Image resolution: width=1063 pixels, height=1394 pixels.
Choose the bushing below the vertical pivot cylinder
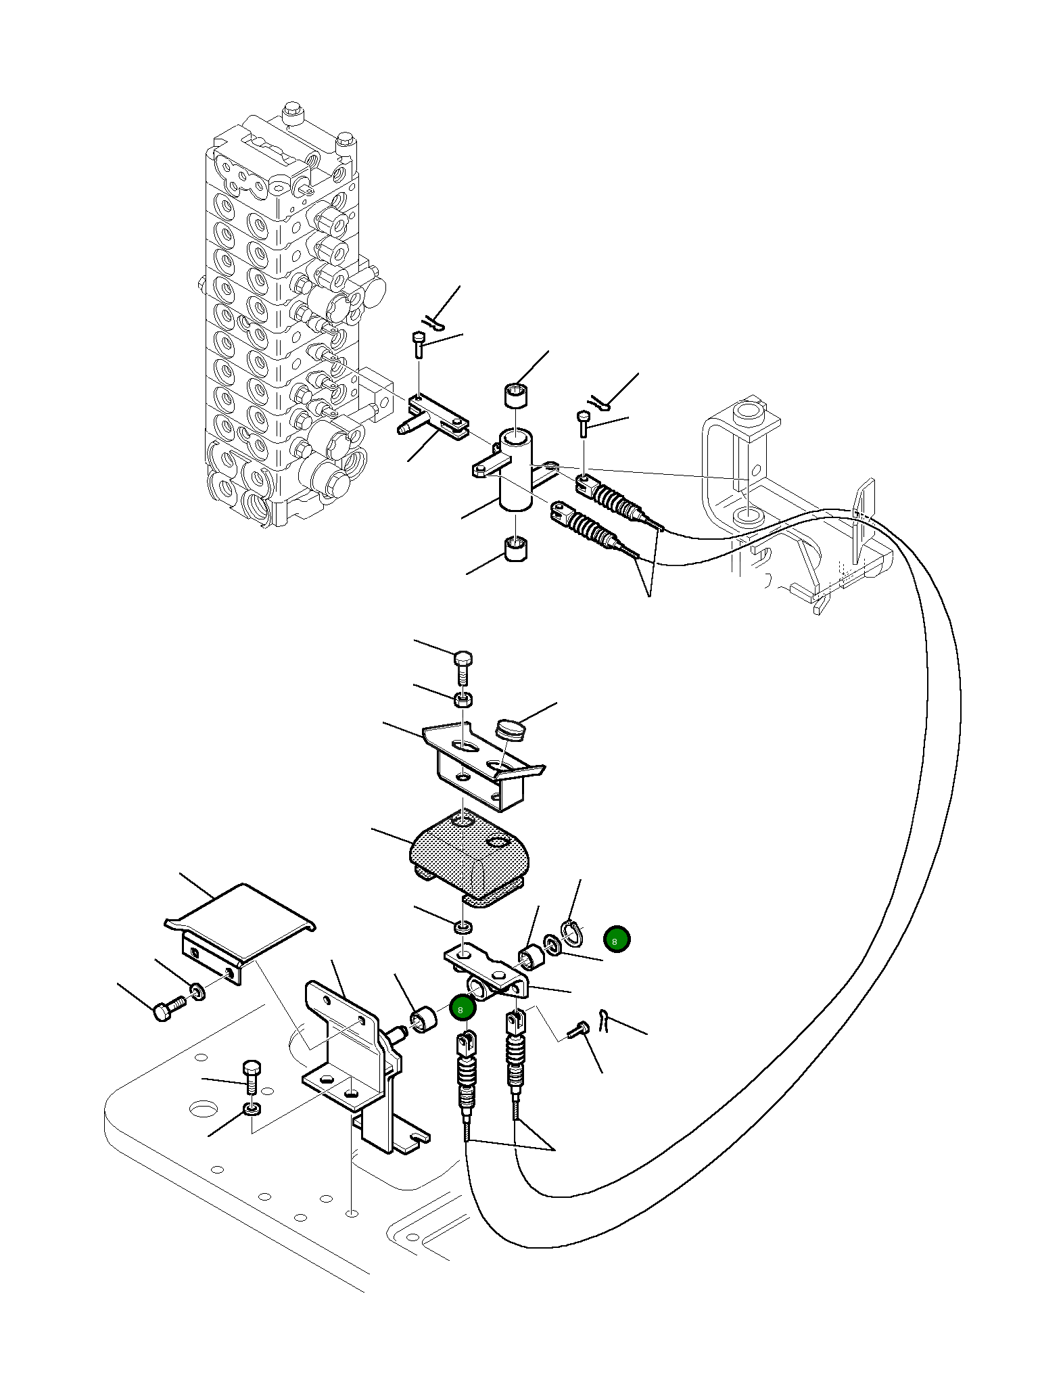coord(517,549)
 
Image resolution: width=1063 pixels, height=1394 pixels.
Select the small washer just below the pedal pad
coord(463,926)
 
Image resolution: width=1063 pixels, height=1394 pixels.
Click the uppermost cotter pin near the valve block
coord(434,324)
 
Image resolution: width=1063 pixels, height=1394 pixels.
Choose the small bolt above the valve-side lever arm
coord(419,346)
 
